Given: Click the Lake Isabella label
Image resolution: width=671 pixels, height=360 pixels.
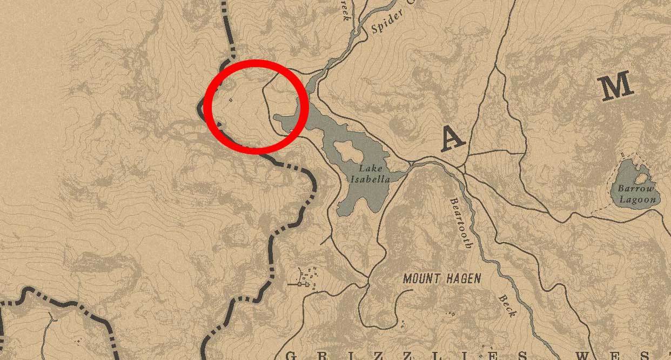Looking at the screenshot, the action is coord(370,174).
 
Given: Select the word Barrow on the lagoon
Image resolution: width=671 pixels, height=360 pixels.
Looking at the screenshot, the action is coord(636,189).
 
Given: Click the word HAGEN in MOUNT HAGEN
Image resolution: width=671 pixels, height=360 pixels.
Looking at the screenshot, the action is coord(461,279).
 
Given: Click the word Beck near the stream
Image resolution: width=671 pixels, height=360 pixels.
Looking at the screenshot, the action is coord(508,306).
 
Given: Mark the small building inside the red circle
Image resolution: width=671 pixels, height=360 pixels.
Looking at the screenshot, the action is coord(231,100).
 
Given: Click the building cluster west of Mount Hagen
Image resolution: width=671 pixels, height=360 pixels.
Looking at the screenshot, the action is coord(306,279).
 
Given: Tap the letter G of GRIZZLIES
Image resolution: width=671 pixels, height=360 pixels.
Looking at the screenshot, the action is coord(291,356).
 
